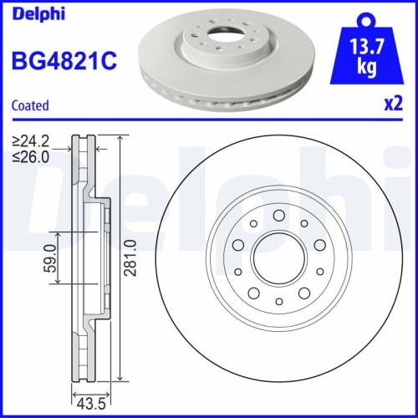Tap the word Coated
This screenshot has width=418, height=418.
[29, 105]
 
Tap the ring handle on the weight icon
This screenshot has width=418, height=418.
[364, 18]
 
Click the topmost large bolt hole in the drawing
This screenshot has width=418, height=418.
[278, 216]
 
